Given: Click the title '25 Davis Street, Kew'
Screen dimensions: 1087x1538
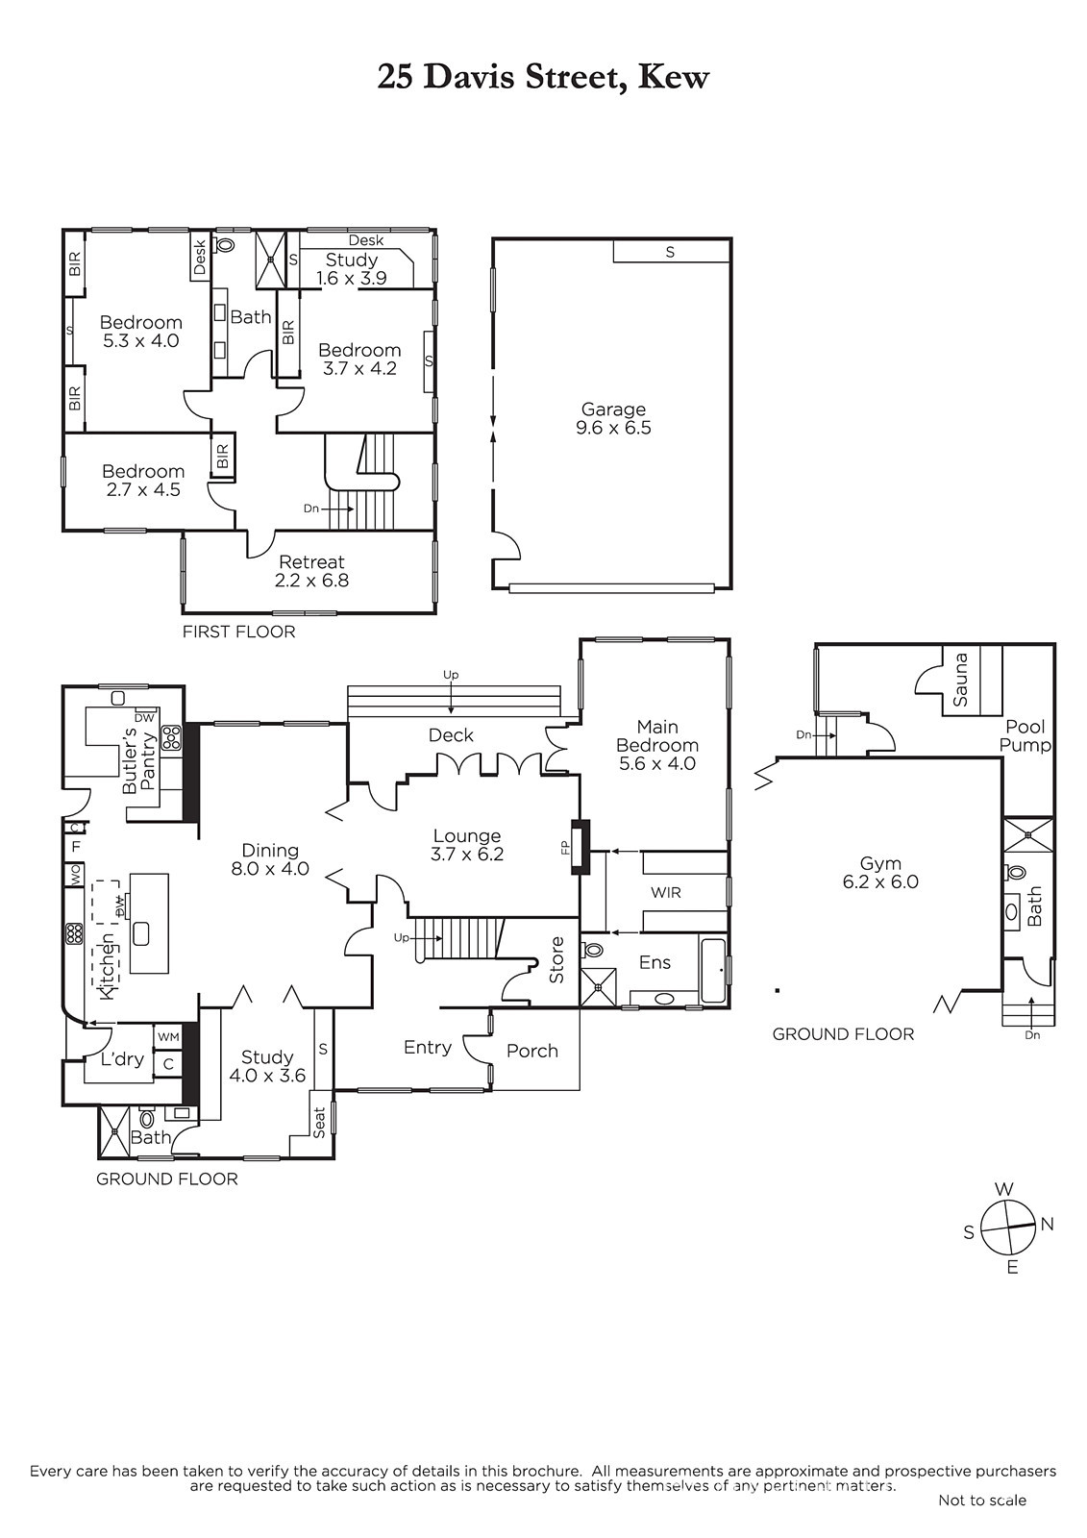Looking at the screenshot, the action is [542, 78].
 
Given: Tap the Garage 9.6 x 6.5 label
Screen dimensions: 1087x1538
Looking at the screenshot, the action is [613, 418].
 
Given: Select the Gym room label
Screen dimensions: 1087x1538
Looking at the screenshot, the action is [880, 872].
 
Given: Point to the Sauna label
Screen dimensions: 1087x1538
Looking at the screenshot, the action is [960, 679].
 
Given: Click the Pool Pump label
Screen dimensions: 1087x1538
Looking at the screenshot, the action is [1025, 735].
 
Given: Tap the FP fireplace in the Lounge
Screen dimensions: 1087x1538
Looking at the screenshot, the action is [581, 847].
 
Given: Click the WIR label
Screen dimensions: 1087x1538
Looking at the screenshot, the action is [665, 892].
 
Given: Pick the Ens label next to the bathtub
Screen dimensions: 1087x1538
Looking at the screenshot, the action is [655, 962].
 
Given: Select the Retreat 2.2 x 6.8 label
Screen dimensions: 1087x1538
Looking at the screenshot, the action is [311, 571].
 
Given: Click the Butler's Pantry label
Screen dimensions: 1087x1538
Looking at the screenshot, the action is [140, 763].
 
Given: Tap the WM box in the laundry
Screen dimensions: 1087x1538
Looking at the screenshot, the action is [168, 1037].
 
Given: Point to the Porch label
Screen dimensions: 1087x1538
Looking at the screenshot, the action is [532, 1051].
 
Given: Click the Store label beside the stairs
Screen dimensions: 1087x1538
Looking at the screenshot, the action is [556, 960].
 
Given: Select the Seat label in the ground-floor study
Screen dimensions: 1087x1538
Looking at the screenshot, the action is [319, 1122].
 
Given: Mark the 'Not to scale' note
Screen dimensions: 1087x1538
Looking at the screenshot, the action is [982, 1520].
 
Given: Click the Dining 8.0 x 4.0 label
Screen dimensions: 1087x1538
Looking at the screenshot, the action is [270, 859].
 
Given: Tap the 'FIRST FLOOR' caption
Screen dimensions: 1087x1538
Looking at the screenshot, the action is [239, 632].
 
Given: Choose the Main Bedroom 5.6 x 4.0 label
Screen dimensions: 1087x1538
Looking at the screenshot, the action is [657, 745].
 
